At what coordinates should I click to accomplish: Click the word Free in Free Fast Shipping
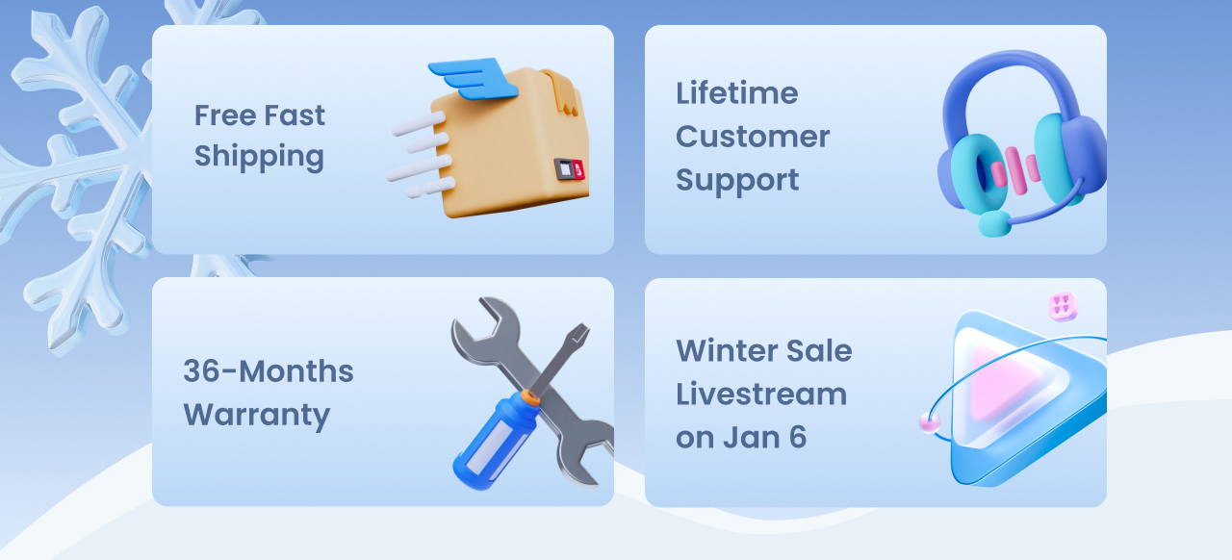pos(225,115)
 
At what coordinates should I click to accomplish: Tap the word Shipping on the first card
pos(259,158)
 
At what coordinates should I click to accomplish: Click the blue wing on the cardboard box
pos(472,78)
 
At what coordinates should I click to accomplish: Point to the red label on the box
pos(577,170)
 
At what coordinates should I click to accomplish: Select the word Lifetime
pos(736,93)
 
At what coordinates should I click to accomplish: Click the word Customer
pos(753,137)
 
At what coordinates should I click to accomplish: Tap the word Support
pos(737,181)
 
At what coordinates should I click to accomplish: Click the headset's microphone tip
pos(994,224)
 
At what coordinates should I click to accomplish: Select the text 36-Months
pos(268,371)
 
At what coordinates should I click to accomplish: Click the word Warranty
pos(257,416)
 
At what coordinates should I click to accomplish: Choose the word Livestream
pos(761,395)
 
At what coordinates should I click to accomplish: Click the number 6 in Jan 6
pos(798,438)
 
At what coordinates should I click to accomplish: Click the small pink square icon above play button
pos(1064,306)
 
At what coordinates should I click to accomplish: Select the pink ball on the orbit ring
pos(930,423)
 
